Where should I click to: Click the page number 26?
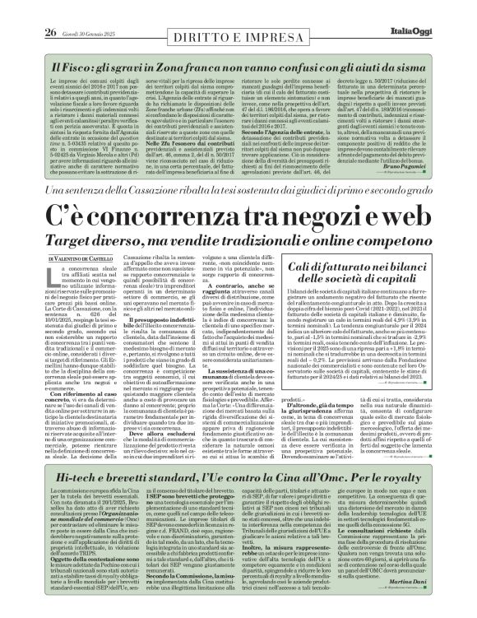tap(27, 10)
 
